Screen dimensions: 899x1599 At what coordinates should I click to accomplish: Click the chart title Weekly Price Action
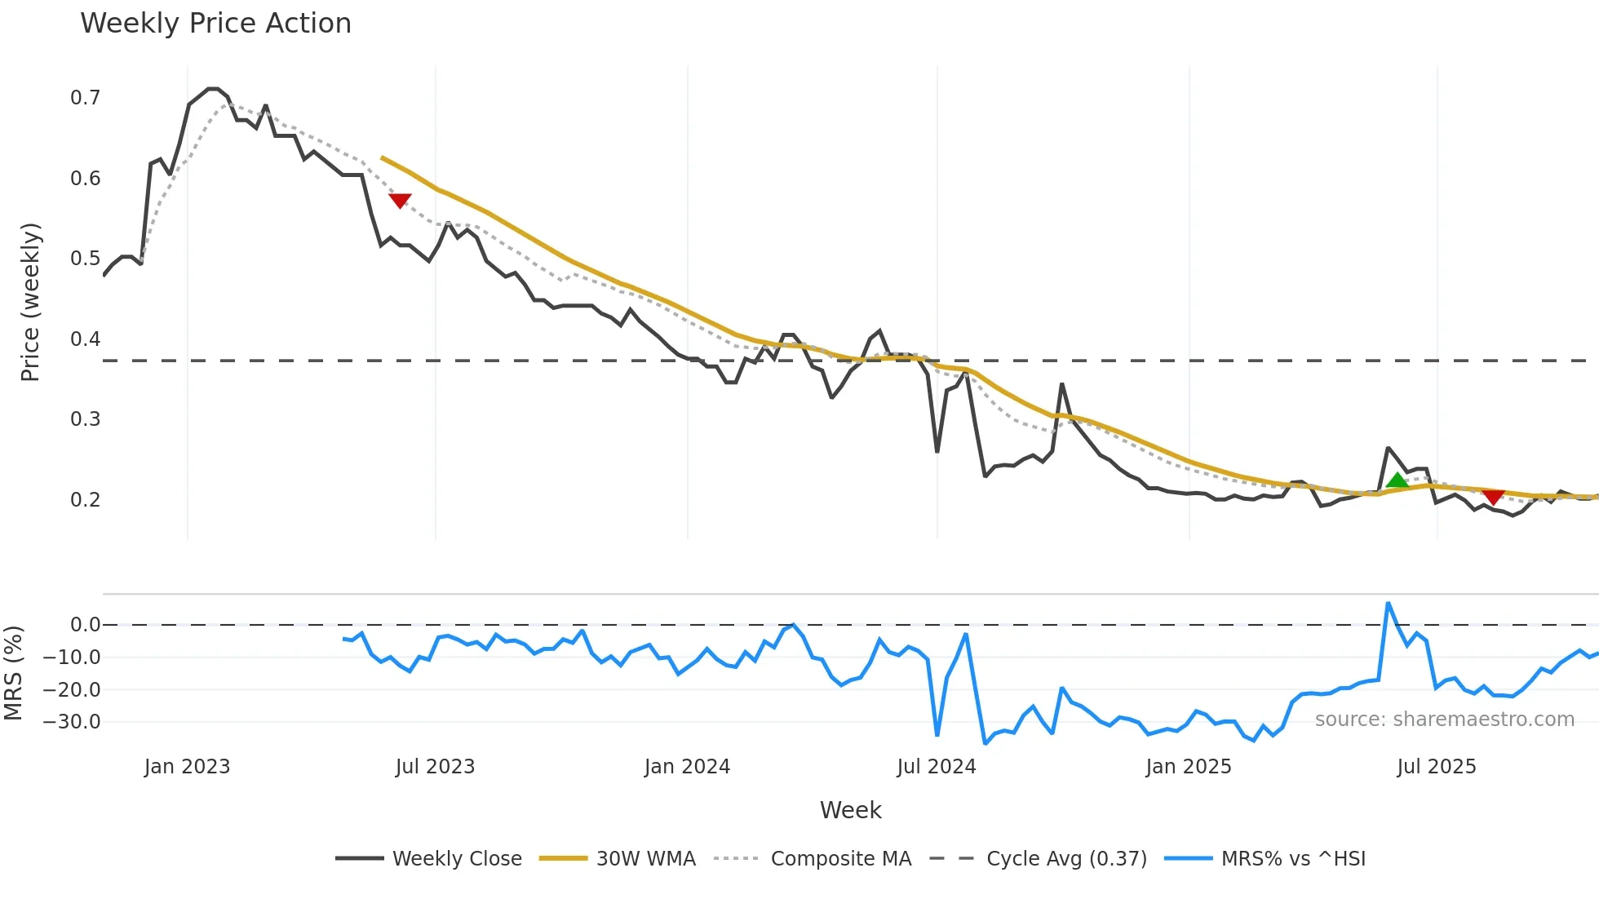point(215,24)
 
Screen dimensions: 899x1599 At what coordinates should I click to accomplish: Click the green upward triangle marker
point(1397,480)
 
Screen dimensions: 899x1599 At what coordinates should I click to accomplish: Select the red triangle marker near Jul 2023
point(400,200)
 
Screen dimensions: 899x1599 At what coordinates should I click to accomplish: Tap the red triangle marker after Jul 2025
point(1493,497)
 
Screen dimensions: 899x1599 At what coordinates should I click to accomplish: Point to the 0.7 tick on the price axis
point(85,98)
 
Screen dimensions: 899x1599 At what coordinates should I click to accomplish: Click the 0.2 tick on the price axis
point(85,499)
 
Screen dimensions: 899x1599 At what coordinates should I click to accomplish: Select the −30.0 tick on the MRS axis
point(72,722)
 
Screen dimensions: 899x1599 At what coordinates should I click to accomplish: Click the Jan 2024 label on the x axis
point(687,767)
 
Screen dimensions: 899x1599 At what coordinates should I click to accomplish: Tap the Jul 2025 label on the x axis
point(1436,767)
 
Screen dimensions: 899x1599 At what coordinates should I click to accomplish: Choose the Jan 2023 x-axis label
point(187,767)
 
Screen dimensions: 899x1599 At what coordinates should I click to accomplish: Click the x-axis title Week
point(850,810)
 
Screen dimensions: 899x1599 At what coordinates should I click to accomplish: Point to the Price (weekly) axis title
point(30,302)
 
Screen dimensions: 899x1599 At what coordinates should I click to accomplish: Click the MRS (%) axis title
point(13,673)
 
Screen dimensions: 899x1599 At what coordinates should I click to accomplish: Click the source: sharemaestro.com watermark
point(1444,720)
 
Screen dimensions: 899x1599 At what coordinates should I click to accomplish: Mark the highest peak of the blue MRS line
point(1388,604)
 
